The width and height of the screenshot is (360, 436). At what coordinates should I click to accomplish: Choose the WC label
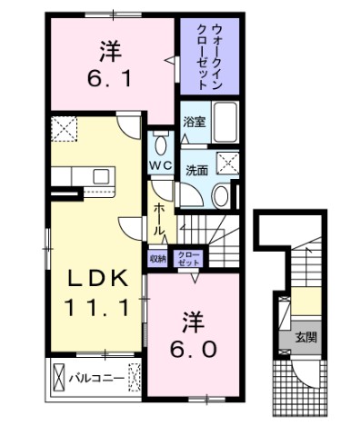pyautogui.click(x=162, y=166)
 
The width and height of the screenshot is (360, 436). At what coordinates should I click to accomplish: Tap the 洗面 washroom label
pyautogui.click(x=197, y=169)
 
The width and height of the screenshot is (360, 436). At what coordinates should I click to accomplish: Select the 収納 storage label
pyautogui.click(x=157, y=257)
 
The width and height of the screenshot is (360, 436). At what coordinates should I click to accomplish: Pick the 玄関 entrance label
pyautogui.click(x=305, y=338)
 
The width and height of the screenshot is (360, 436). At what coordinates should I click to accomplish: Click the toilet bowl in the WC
pyautogui.click(x=161, y=146)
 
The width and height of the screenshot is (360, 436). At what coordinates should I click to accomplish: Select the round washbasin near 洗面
pyautogui.click(x=219, y=196)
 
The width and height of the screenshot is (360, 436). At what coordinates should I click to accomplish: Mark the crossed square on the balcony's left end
pyautogui.click(x=60, y=374)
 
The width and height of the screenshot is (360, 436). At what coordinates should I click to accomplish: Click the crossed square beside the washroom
pyautogui.click(x=228, y=163)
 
